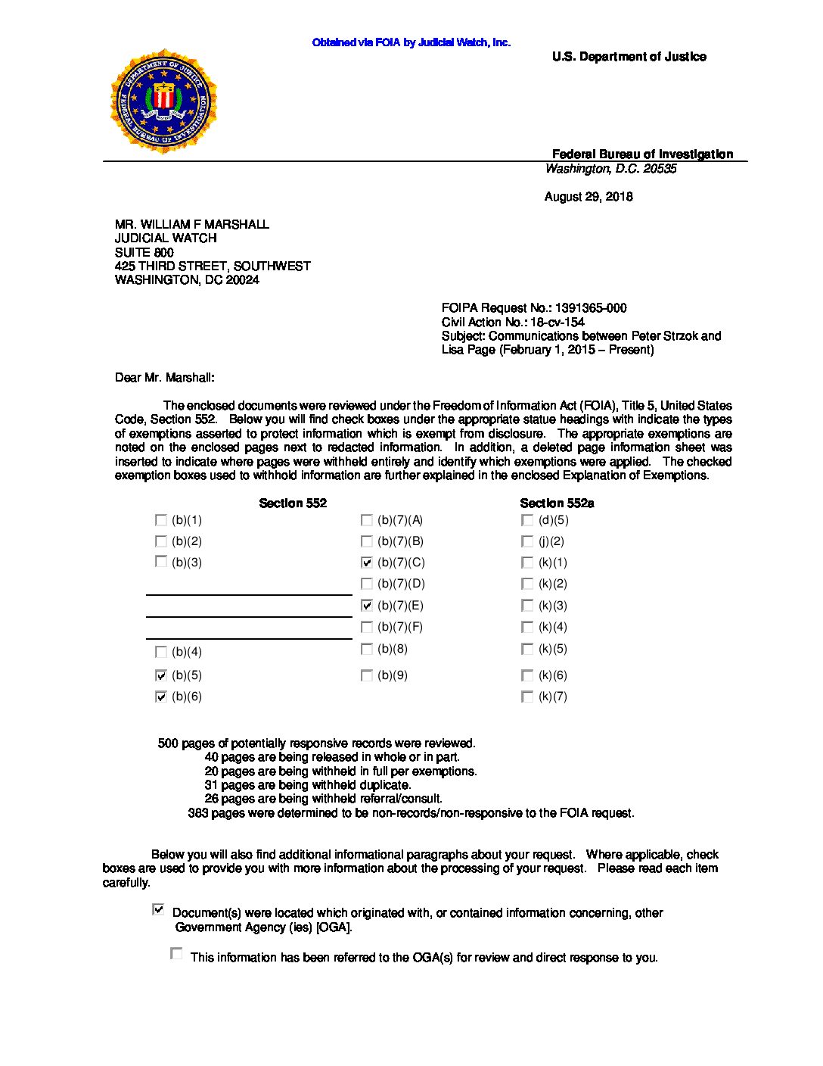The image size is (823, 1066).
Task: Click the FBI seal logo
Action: tap(163, 101)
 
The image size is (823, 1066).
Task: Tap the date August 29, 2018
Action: tap(589, 197)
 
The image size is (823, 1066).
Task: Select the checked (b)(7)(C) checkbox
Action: tap(367, 563)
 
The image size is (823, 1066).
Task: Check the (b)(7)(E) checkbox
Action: tap(367, 606)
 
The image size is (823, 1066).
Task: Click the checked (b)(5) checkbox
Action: tap(160, 675)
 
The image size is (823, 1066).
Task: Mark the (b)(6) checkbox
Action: tap(160, 697)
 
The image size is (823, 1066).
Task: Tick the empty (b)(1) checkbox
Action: tap(160, 520)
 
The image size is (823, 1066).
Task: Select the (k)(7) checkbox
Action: tap(527, 697)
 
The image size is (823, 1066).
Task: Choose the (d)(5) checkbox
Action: tap(527, 520)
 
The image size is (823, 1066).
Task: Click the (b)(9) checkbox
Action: tap(367, 675)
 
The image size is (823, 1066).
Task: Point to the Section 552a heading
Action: tap(557, 503)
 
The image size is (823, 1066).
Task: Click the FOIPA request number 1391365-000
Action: tap(591, 308)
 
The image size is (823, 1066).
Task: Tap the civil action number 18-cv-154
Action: tap(557, 323)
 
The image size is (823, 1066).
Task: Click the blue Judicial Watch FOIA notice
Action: tap(411, 42)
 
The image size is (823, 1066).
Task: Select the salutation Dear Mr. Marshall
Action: tap(164, 378)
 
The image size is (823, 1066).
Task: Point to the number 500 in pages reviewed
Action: tap(168, 743)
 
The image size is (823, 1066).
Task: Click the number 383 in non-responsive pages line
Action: tap(198, 813)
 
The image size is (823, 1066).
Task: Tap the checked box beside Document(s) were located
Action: tap(158, 909)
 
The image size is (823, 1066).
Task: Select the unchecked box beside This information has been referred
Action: tap(176, 954)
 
